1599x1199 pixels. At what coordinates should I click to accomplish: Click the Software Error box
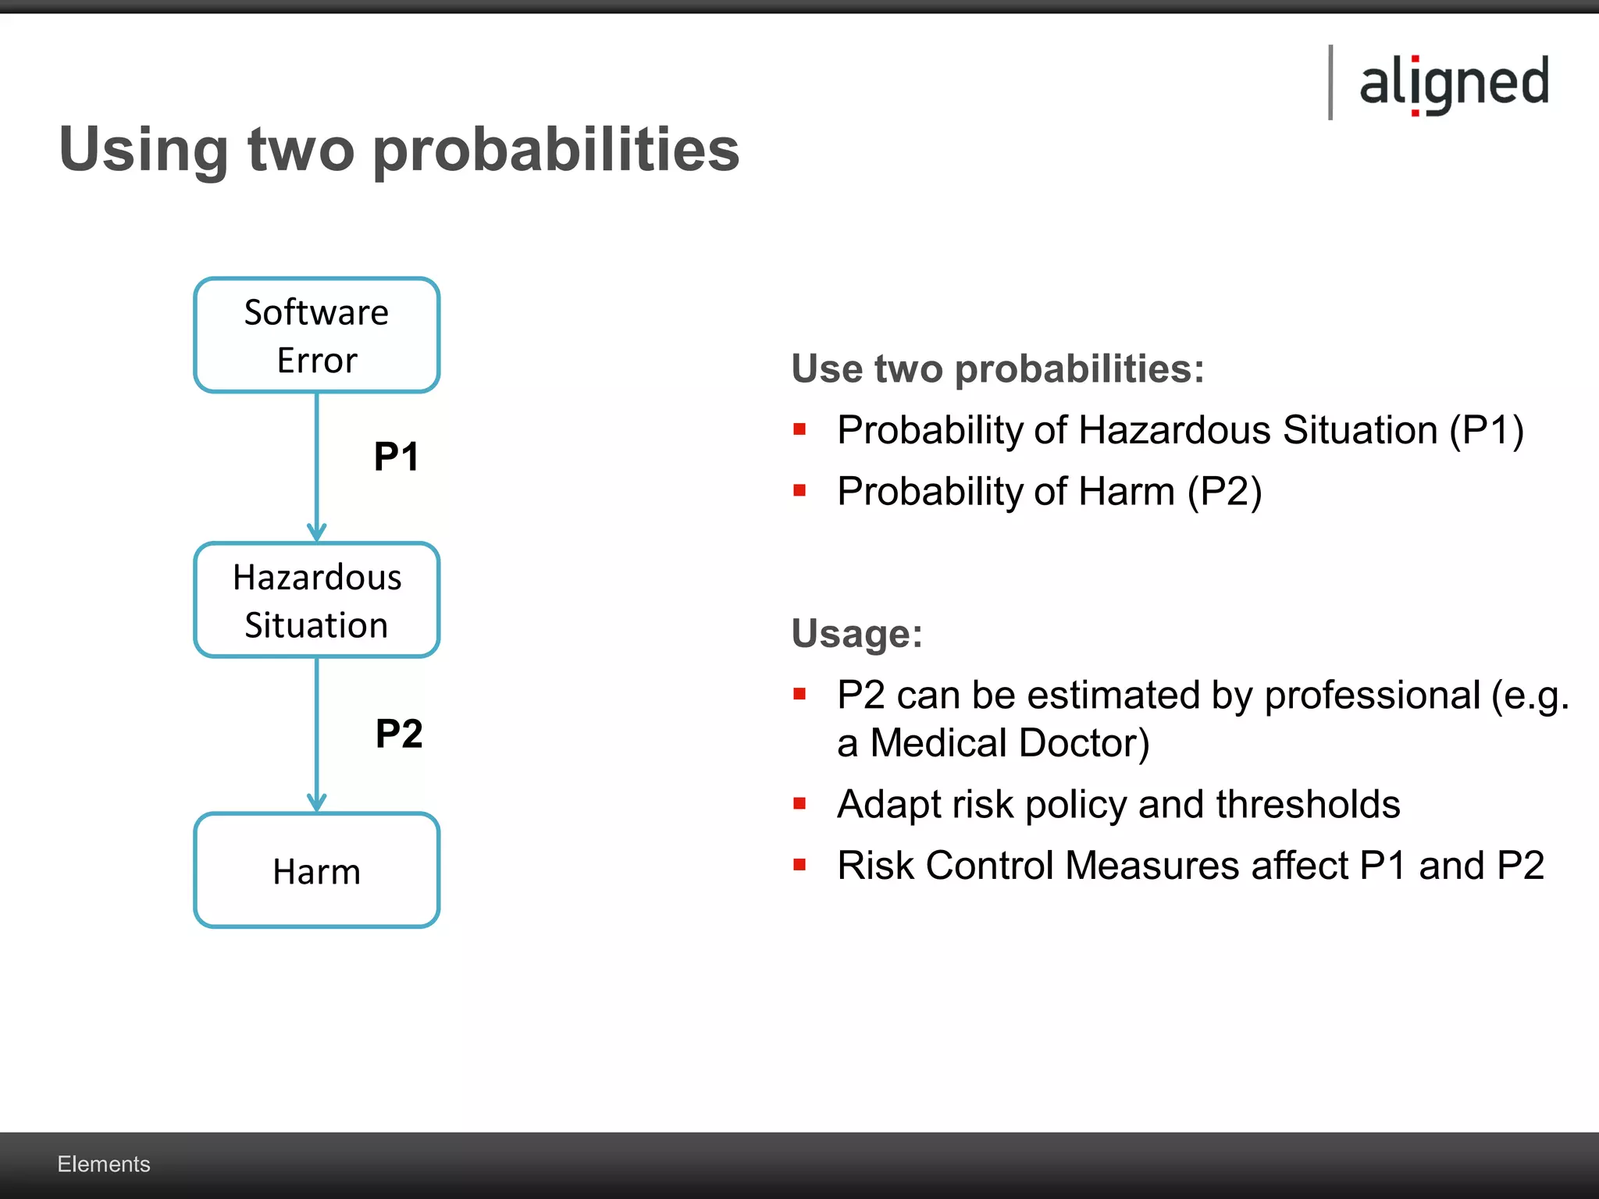pyautogui.click(x=316, y=335)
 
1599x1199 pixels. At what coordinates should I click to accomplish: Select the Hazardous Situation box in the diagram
pyautogui.click(x=316, y=600)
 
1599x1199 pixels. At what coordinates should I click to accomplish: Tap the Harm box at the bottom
pyautogui.click(x=316, y=870)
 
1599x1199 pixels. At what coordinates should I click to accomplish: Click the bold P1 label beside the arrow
pyautogui.click(x=396, y=457)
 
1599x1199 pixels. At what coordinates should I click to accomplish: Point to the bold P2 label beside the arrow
pyautogui.click(x=399, y=734)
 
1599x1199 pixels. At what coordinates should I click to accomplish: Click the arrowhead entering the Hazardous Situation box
pyautogui.click(x=316, y=533)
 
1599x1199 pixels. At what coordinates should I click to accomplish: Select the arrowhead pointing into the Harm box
pyautogui.click(x=316, y=802)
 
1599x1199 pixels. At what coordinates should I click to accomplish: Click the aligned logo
pyautogui.click(x=1454, y=84)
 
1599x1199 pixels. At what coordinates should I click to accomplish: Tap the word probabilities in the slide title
pyautogui.click(x=556, y=150)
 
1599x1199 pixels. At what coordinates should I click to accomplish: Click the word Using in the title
pyautogui.click(x=144, y=150)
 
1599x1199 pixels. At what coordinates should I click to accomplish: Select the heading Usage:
pyautogui.click(x=856, y=633)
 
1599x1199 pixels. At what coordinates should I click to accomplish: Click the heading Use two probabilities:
pyautogui.click(x=997, y=368)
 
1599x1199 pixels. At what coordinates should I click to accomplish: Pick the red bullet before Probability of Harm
pyautogui.click(x=799, y=491)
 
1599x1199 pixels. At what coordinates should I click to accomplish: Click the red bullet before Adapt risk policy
pyautogui.click(x=799, y=803)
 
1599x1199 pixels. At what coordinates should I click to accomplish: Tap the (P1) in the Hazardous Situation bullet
pyautogui.click(x=1486, y=430)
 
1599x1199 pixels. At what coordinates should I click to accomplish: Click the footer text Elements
pyautogui.click(x=104, y=1164)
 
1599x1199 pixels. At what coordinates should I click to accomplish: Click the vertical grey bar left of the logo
pyautogui.click(x=1330, y=83)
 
